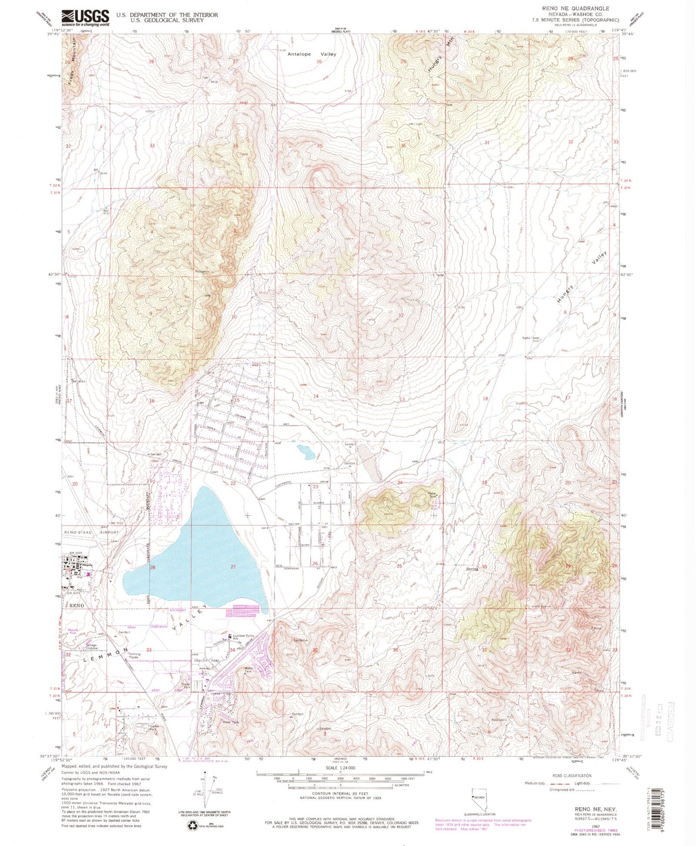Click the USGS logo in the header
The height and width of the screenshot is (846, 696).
(x=85, y=18)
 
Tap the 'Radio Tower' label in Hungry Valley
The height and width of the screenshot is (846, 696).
(x=531, y=338)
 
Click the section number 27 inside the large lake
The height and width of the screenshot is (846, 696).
(x=233, y=566)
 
